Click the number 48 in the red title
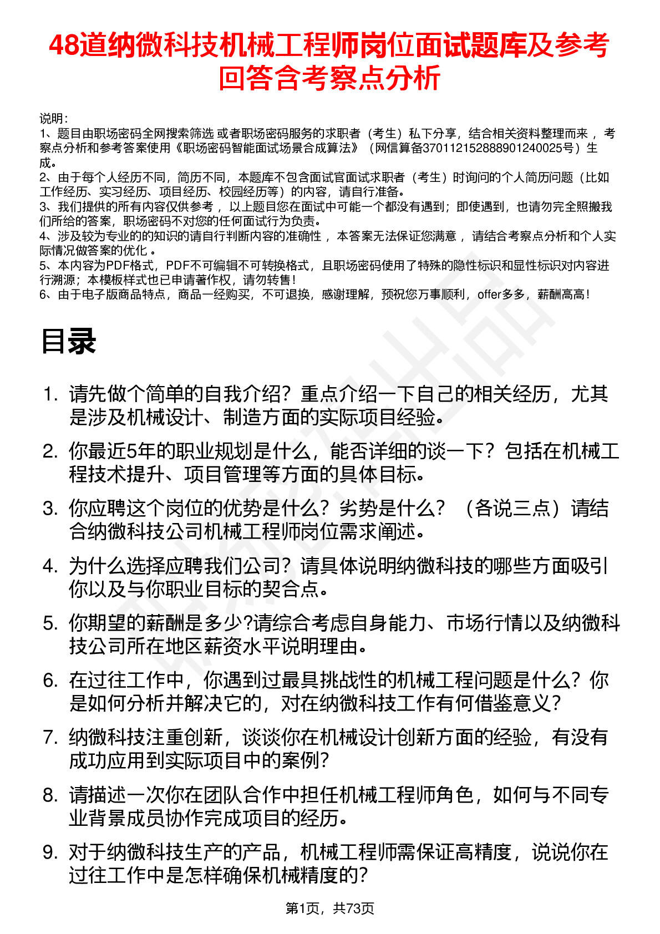[x=64, y=45]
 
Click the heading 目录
[x=69, y=341]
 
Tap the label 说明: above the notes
[x=53, y=119]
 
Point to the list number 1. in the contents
[x=50, y=394]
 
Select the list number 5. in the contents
[x=50, y=623]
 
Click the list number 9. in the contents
[x=50, y=852]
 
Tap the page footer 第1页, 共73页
[x=329, y=908]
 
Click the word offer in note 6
[x=489, y=295]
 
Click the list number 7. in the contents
[x=50, y=738]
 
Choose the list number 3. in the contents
[x=50, y=509]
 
